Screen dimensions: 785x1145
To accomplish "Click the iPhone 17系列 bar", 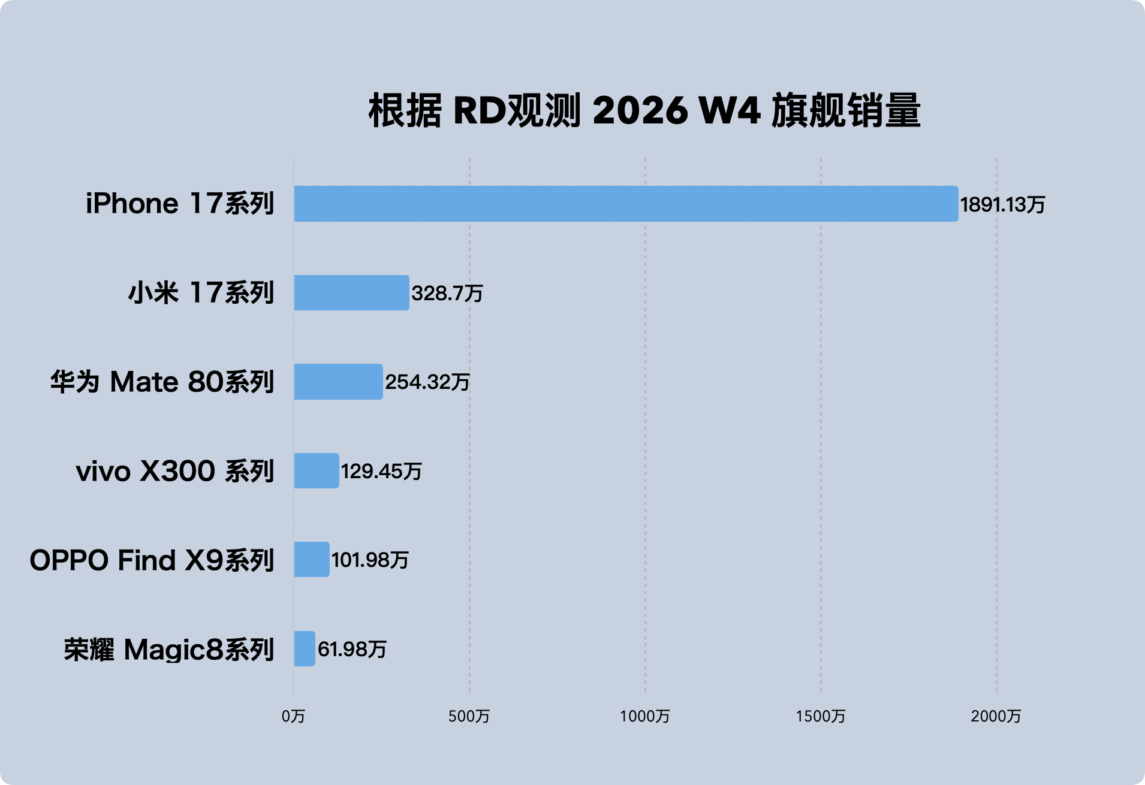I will pyautogui.click(x=626, y=204).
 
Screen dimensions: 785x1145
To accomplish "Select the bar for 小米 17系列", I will pyautogui.click(x=351, y=293).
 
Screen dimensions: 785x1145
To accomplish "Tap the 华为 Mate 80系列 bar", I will pyautogui.click(x=338, y=382).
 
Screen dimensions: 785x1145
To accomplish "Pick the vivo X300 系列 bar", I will pyautogui.click(x=317, y=471).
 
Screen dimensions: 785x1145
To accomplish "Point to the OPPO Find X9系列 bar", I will pyautogui.click(x=312, y=560).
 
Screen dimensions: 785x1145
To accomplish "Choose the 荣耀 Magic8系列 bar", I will pyautogui.click(x=305, y=649).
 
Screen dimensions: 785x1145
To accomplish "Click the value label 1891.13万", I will pyautogui.click(x=1002, y=205).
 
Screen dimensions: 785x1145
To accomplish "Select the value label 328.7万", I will pyautogui.click(x=447, y=294).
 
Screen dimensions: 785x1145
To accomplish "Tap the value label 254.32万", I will pyautogui.click(x=427, y=382).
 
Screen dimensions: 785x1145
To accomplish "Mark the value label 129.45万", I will pyautogui.click(x=381, y=472).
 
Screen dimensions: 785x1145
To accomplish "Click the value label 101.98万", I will pyautogui.click(x=370, y=560).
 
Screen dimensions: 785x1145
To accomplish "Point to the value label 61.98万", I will pyautogui.click(x=352, y=650).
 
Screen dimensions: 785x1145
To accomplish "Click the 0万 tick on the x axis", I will pyautogui.click(x=293, y=716).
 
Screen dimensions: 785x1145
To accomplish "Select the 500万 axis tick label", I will pyautogui.click(x=469, y=716).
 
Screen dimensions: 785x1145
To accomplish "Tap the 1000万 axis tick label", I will pyautogui.click(x=645, y=716).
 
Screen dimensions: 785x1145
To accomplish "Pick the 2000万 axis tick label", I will pyautogui.click(x=996, y=716).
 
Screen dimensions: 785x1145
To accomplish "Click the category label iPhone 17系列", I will pyautogui.click(x=180, y=204).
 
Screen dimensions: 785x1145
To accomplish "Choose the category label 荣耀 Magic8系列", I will pyautogui.click(x=169, y=650).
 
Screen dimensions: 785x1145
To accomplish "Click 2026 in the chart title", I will pyautogui.click(x=640, y=111).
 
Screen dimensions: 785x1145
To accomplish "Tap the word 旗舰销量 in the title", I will pyautogui.click(x=845, y=111).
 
